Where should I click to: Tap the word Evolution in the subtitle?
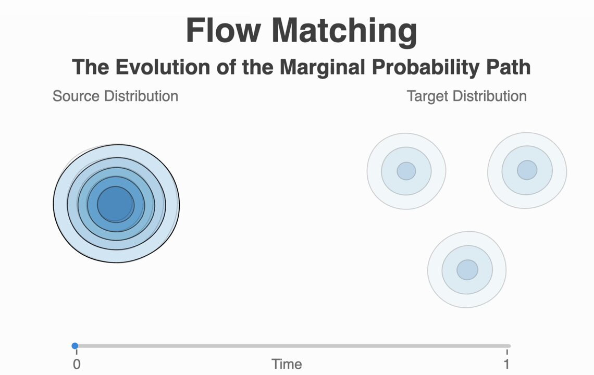coord(163,67)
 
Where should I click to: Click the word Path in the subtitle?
coord(509,67)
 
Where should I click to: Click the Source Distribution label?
coord(115,96)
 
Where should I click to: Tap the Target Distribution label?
coord(467,96)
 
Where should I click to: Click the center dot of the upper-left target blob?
coord(406,171)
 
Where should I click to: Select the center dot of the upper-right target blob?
coord(527,170)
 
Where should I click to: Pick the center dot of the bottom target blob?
coord(467,270)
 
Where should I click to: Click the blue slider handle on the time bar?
coord(75,345)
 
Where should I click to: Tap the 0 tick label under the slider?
coord(77,365)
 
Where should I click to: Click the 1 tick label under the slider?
coord(506,365)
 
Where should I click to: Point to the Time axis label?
coord(287,365)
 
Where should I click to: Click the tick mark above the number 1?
coord(507,352)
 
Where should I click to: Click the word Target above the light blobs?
coord(428,96)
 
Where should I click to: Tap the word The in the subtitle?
coord(91,67)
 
